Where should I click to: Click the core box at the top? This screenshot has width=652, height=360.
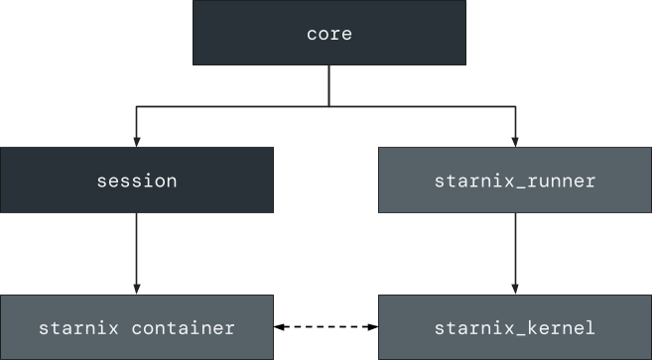tap(328, 33)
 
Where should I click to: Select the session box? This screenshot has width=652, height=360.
tap(137, 180)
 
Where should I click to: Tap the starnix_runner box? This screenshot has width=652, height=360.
tap(515, 180)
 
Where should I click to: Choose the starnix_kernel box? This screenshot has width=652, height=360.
tap(515, 327)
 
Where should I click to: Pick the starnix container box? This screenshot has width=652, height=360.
tap(137, 327)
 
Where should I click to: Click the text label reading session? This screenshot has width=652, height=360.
tap(137, 181)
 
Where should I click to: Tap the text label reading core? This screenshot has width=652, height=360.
tap(329, 34)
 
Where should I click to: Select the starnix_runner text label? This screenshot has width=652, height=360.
tap(515, 181)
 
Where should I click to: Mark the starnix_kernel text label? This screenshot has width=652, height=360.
tap(515, 328)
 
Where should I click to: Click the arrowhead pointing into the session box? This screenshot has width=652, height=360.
tap(137, 143)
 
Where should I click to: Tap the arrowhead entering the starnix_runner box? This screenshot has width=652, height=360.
tap(515, 143)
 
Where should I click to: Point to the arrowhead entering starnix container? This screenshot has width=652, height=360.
tap(137, 290)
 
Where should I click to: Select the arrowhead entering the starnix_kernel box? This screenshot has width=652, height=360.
tap(515, 290)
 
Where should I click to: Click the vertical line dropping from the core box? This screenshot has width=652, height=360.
tap(328, 85)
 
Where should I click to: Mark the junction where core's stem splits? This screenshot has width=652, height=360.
tap(328, 106)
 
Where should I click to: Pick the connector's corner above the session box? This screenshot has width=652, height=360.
tap(137, 106)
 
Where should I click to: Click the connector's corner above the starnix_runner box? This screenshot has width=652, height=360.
tap(515, 106)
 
